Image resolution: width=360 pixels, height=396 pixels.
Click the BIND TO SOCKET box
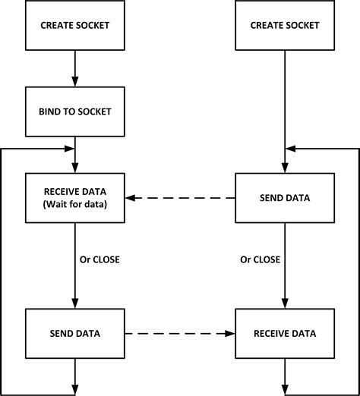tap(74, 112)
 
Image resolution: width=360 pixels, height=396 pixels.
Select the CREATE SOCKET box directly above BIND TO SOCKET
tap(74, 26)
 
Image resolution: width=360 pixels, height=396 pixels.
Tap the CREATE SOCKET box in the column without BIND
tap(284, 26)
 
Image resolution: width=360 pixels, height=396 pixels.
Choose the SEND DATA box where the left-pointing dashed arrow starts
tap(284, 198)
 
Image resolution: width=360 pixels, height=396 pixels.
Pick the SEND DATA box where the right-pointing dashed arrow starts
tap(74, 333)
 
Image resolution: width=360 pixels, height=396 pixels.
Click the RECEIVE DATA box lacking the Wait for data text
tap(284, 333)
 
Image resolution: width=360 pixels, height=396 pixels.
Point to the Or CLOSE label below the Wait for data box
tap(99, 259)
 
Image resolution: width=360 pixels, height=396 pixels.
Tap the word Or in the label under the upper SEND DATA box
tap(245, 259)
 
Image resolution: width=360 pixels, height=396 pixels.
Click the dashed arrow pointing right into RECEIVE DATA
tap(179, 333)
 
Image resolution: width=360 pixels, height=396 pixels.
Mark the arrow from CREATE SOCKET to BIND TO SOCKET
tap(74, 68)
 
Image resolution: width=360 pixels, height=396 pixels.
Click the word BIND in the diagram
tap(50, 112)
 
